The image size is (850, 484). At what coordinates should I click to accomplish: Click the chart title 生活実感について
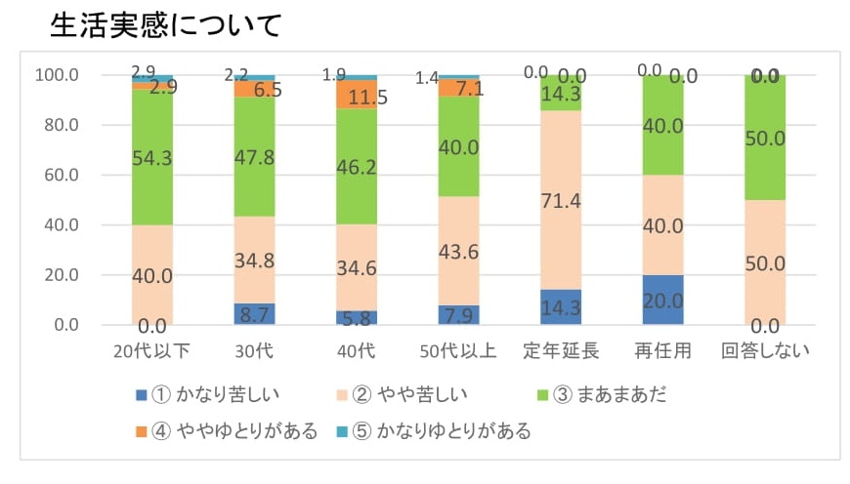tap(165, 24)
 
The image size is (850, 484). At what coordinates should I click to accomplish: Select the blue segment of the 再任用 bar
tap(662, 300)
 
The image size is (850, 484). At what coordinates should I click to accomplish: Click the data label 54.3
tap(152, 158)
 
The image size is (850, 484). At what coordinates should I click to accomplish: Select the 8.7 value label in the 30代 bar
tap(254, 315)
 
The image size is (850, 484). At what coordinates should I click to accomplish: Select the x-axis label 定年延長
tap(559, 351)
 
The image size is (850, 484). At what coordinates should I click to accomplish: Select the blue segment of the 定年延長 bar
tap(560, 306)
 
